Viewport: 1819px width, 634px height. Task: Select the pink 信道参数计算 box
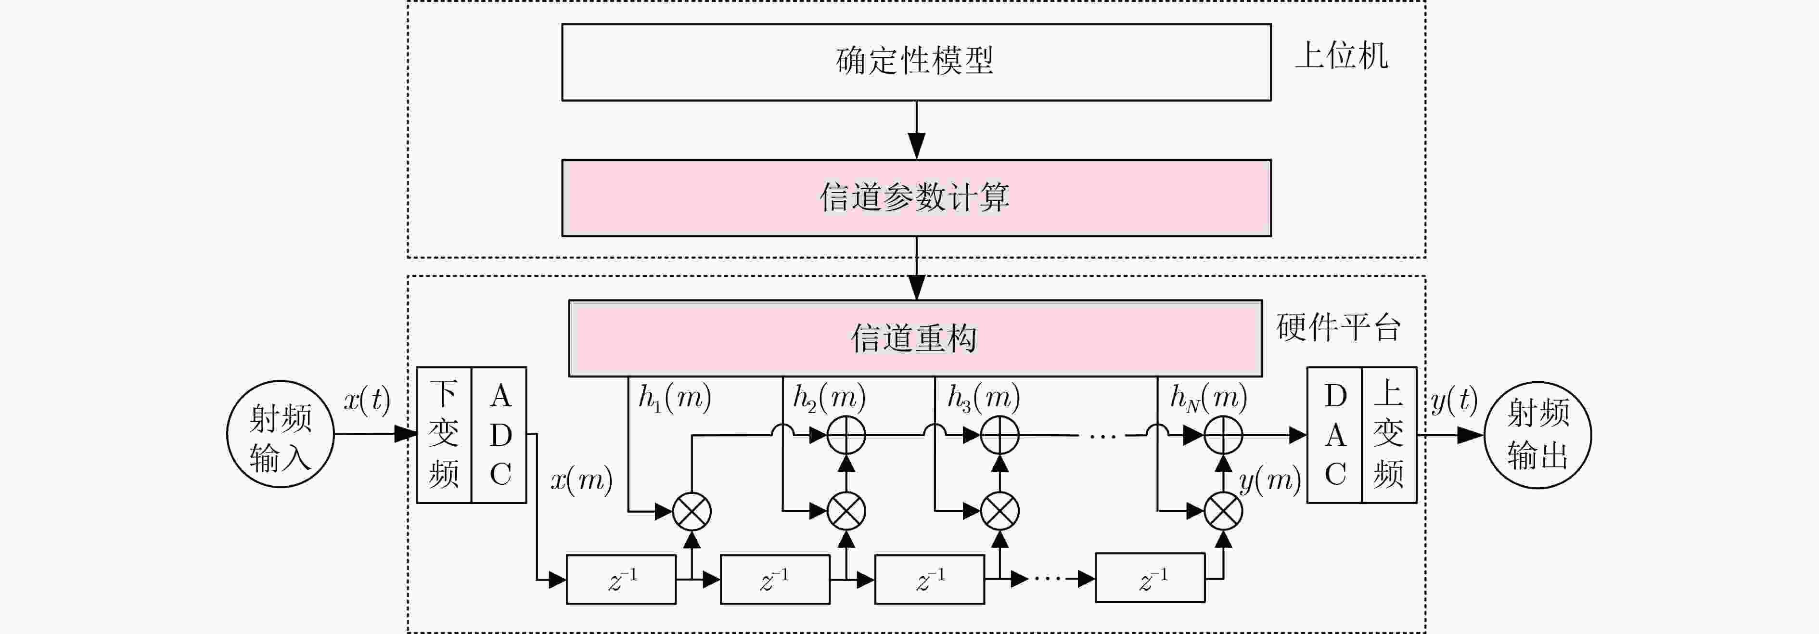pyautogui.click(x=916, y=198)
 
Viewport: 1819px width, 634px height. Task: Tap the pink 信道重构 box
pyautogui.click(x=915, y=338)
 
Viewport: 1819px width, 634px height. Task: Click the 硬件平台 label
pyautogui.click(x=1339, y=327)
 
